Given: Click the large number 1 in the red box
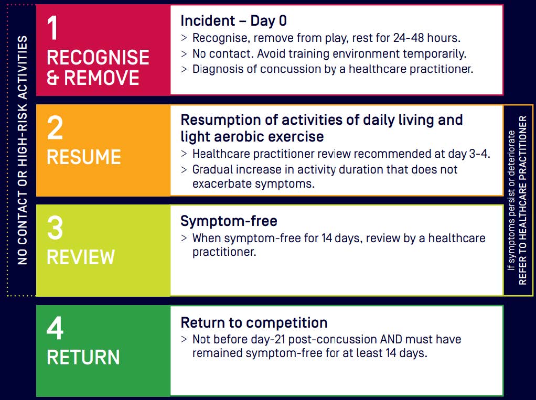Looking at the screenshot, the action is (53, 28).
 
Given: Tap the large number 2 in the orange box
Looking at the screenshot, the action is (55, 128).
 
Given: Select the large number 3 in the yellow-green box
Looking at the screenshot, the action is (55, 228).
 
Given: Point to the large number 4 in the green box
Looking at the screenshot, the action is (55, 328).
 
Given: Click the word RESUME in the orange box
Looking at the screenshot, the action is (84, 157).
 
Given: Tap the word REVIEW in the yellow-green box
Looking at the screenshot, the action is (81, 257).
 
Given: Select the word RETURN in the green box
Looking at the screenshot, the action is (83, 358).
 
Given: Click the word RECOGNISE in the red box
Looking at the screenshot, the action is (98, 57).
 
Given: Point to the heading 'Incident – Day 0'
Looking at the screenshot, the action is (233, 21).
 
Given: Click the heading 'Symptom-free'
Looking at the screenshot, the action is (229, 221).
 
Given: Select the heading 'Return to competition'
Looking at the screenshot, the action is (254, 322).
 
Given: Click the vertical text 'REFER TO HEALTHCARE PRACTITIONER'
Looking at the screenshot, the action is (523, 200).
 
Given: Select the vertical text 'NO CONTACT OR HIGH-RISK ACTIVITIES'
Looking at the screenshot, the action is (22, 150).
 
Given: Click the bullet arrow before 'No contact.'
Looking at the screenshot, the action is (184, 54).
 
